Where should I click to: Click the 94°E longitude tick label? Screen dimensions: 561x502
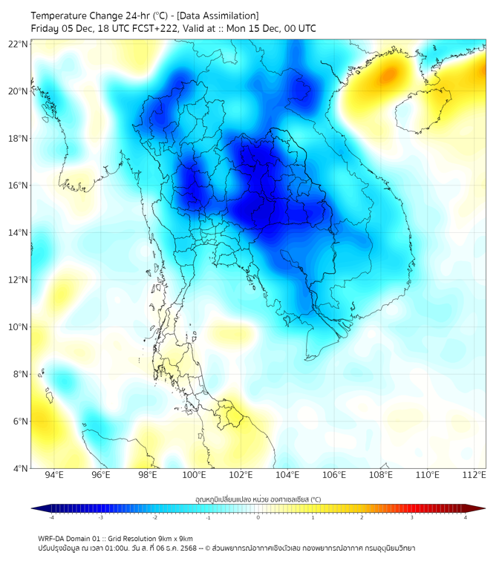54,476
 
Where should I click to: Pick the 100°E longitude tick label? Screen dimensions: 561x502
194,476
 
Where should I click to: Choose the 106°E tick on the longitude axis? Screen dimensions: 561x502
334,476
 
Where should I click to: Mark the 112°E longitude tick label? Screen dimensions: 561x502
474,476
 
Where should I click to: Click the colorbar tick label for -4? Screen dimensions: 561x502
50,517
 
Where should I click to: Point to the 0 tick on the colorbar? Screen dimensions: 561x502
258,517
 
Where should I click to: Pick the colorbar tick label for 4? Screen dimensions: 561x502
466,517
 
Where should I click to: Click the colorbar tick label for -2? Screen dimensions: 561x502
154,517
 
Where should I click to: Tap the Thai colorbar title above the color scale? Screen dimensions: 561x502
258,499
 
